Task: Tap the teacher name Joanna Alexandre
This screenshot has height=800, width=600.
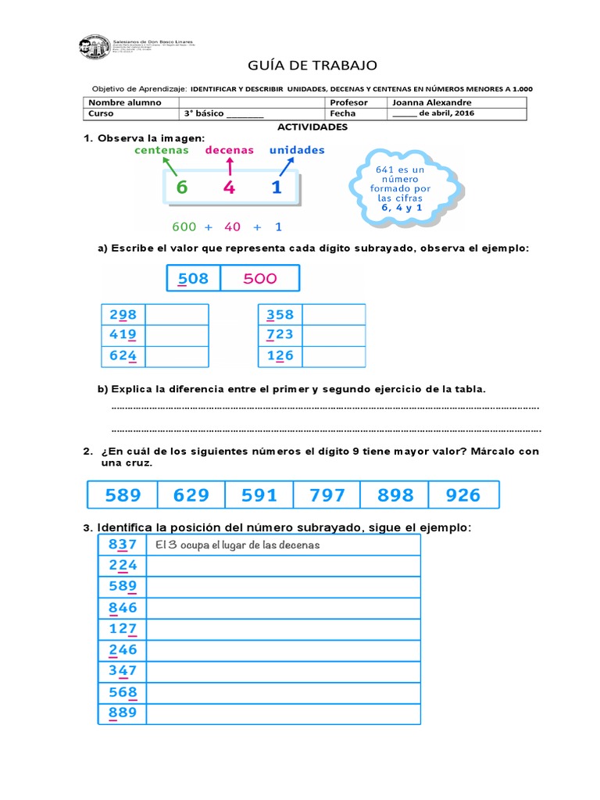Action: (x=431, y=102)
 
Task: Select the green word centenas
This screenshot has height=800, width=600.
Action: (x=162, y=150)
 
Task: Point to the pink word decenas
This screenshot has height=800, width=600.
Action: (x=229, y=150)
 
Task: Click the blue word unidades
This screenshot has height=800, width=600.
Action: (x=297, y=150)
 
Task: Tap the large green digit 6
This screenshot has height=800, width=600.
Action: (x=182, y=187)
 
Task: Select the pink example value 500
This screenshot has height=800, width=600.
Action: (x=259, y=279)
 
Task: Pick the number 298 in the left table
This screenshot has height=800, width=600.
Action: (x=123, y=315)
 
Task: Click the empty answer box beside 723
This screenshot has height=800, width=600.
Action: (x=334, y=335)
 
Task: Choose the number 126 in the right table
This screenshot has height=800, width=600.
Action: (x=280, y=356)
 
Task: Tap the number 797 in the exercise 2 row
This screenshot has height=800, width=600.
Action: (x=327, y=495)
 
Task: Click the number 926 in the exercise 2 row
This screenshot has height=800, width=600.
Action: (x=463, y=495)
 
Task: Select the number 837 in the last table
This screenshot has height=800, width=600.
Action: (x=123, y=545)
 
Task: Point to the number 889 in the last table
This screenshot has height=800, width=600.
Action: (x=123, y=712)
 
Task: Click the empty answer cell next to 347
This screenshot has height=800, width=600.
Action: (x=283, y=670)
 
